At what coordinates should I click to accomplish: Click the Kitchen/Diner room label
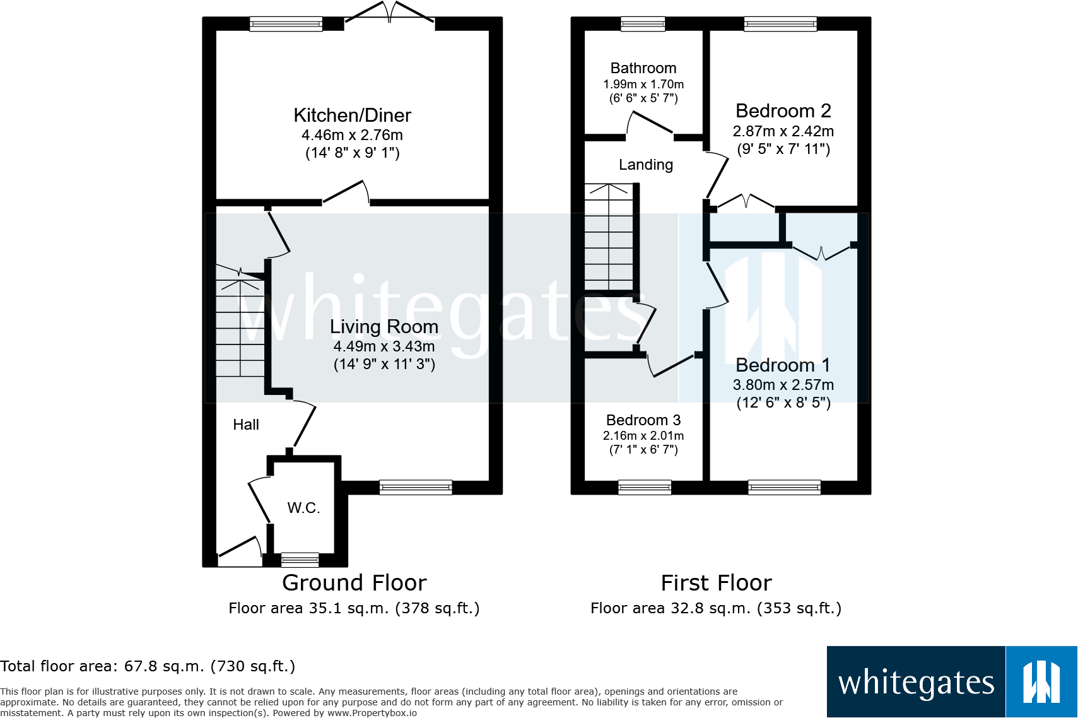352,115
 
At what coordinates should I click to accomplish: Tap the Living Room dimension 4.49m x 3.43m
384,346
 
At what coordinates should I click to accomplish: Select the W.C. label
303,508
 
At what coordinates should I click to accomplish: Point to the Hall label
246,425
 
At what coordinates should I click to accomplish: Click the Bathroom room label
643,68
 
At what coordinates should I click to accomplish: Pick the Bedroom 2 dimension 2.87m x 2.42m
783,131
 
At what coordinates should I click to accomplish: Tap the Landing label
646,165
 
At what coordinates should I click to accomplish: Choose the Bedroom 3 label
643,420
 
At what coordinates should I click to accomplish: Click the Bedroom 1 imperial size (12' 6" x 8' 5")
783,403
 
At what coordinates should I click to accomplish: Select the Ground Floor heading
354,583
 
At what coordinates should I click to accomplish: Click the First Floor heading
716,583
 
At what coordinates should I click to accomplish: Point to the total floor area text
148,666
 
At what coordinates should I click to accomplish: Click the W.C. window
300,560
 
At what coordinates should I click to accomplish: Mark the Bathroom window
643,23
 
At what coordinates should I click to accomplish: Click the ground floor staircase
240,321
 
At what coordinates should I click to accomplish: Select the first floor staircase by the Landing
609,237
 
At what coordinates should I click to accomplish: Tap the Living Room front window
416,488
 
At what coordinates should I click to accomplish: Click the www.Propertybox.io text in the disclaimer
372,713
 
